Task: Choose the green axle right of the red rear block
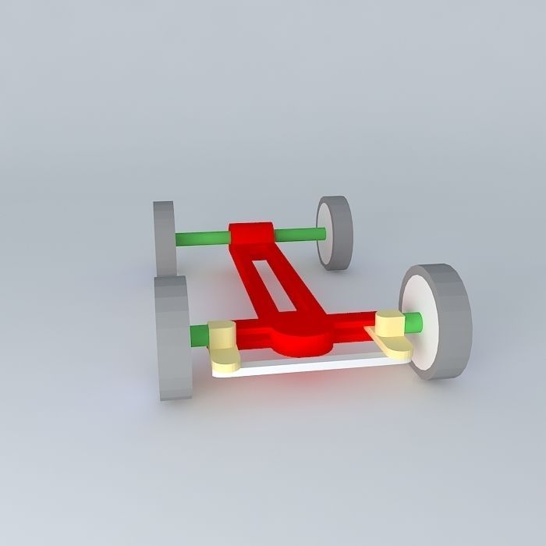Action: click(300, 233)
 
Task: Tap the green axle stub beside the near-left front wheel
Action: click(198, 335)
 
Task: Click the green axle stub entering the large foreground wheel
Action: click(413, 320)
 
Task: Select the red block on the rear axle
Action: click(251, 234)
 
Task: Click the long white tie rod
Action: click(312, 365)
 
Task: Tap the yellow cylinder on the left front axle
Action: click(222, 335)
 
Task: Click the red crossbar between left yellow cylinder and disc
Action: click(253, 333)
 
